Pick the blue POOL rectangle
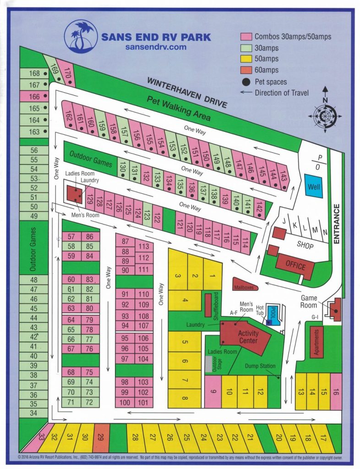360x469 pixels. point(273,315)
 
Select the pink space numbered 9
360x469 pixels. point(213,391)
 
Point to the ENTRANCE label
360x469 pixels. point(336,225)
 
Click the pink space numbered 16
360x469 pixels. point(336,391)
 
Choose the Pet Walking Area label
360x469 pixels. point(179,109)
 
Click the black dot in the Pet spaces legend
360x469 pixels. point(246,82)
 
